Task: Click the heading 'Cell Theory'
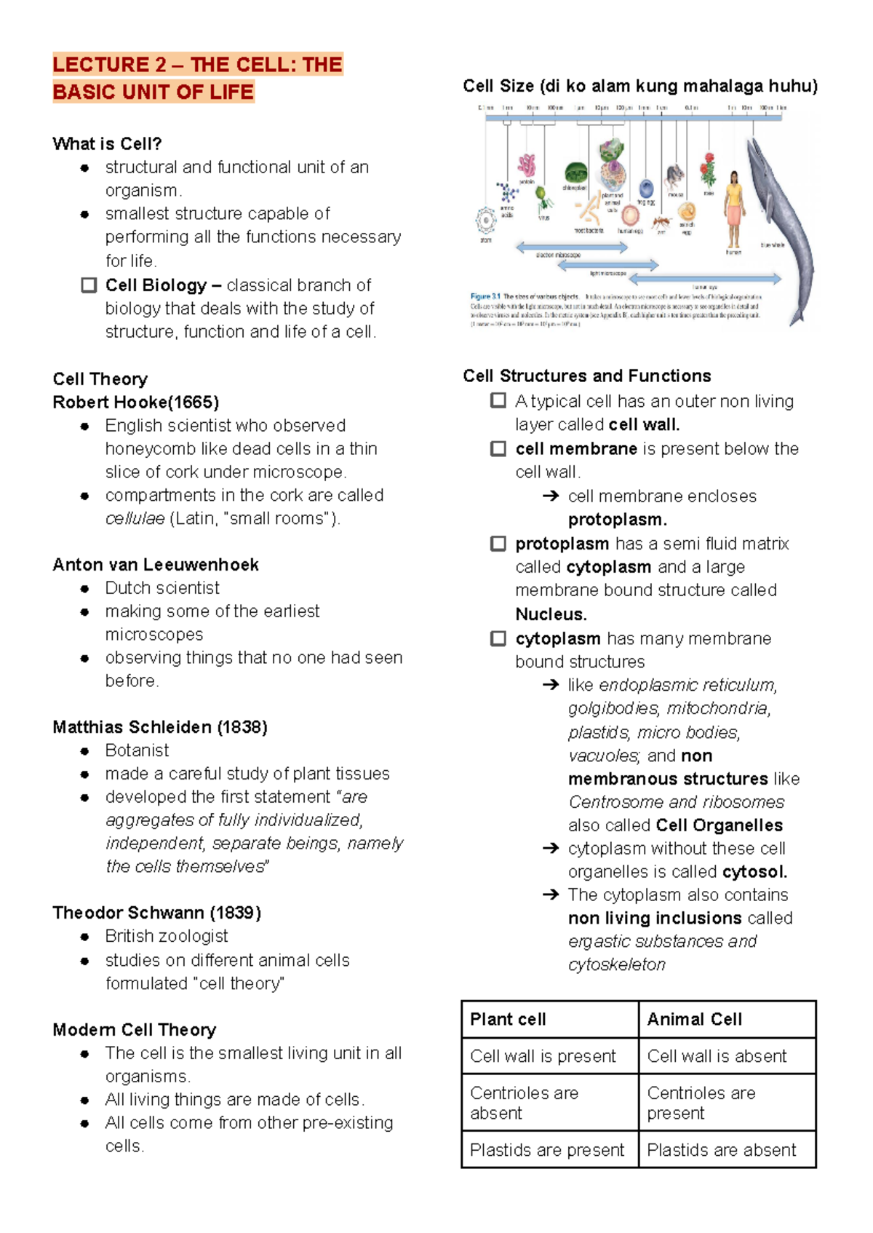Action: (x=100, y=379)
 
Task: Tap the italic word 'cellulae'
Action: (x=135, y=519)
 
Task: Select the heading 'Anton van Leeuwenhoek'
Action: (x=156, y=565)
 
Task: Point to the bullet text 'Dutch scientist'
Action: (x=162, y=588)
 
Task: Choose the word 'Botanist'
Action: (x=137, y=750)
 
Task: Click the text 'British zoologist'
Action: (x=167, y=936)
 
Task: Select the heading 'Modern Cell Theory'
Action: (x=135, y=1030)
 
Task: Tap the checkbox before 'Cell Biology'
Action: (x=89, y=285)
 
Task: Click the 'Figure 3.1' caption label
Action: (x=485, y=297)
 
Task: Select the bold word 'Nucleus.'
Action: (x=551, y=614)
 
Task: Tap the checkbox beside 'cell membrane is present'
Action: (x=498, y=449)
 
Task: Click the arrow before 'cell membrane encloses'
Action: (x=551, y=496)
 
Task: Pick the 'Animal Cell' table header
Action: (x=694, y=1020)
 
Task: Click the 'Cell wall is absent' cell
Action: (x=717, y=1056)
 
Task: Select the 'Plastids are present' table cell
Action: (x=547, y=1150)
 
